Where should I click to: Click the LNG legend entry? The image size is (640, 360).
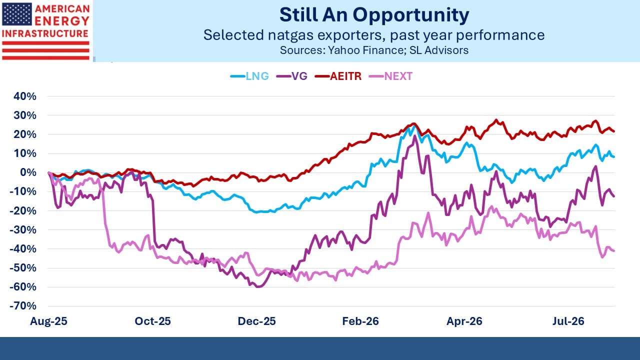[x=249, y=76]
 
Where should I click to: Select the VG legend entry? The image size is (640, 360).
[x=291, y=76]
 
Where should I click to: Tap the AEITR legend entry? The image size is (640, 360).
[x=338, y=76]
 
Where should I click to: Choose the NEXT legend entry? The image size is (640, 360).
[x=390, y=76]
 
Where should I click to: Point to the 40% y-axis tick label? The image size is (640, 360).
[x=25, y=96]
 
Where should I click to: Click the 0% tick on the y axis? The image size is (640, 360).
[x=28, y=172]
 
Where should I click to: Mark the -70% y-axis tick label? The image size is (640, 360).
[x=23, y=306]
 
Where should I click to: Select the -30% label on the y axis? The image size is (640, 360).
[x=23, y=229]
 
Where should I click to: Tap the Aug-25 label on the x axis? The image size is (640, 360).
[x=48, y=321]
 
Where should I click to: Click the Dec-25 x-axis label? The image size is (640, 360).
[x=256, y=321]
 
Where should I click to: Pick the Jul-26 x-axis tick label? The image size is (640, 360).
[x=568, y=321]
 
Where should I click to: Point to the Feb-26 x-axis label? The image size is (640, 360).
[x=360, y=321]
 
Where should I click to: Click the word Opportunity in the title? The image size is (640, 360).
[x=411, y=15]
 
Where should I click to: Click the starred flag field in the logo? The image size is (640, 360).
[x=17, y=14]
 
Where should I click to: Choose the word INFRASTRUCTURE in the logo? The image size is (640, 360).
[x=45, y=33]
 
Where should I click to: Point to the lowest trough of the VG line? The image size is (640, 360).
[x=258, y=286]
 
